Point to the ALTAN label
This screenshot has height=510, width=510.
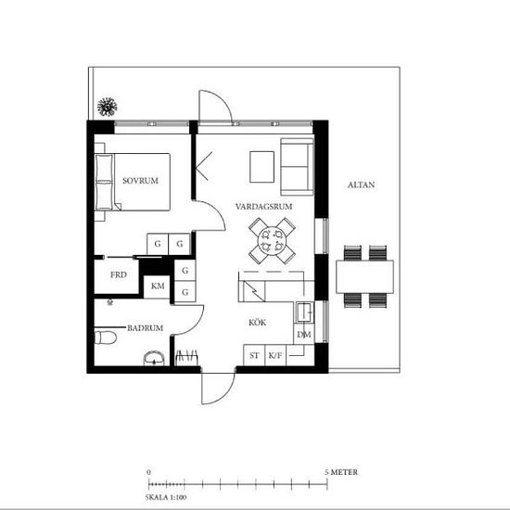coord(361,185)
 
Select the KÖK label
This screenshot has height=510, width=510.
coord(258,323)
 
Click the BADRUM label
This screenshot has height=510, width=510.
coord(146,327)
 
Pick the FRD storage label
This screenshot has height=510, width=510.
coord(119,275)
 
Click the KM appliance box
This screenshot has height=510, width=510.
coord(158,286)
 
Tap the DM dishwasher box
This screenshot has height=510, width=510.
coord(302,334)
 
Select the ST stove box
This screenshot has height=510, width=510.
coord(253,355)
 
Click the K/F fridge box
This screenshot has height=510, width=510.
coord(275,355)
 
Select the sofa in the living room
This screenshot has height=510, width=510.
coord(297,165)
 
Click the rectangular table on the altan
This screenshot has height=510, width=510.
coord(364,275)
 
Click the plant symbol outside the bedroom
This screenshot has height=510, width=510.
coord(108,107)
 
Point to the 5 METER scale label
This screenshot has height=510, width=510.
coord(341,472)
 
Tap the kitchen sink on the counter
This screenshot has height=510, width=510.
coord(303,310)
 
